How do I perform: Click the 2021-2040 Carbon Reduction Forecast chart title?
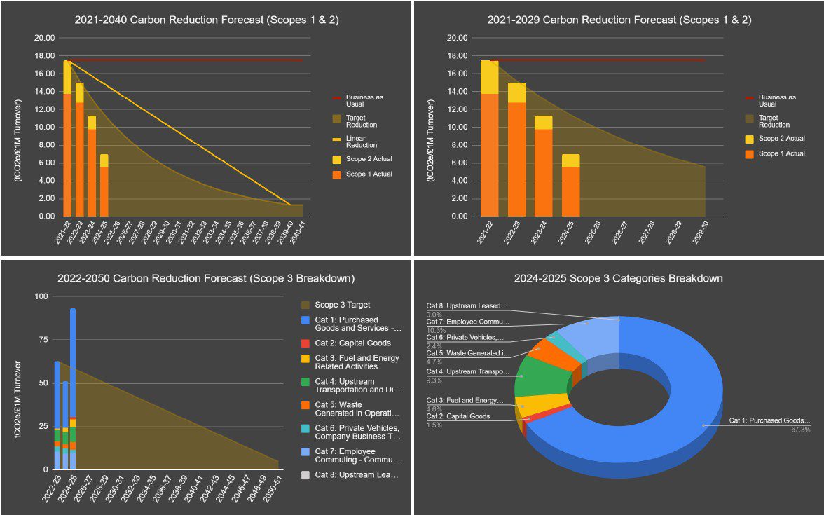pyautogui.click(x=207, y=20)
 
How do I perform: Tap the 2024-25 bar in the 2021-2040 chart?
pyautogui.click(x=104, y=186)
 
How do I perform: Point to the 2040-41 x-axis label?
pyautogui.click(x=298, y=233)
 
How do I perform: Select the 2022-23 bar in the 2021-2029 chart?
pyautogui.click(x=517, y=150)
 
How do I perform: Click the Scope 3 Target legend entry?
pyautogui.click(x=343, y=305)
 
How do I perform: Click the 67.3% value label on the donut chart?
pyautogui.click(x=799, y=430)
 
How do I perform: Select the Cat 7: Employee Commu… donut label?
pyautogui.click(x=468, y=322)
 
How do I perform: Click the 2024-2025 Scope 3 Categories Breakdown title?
pyautogui.click(x=619, y=278)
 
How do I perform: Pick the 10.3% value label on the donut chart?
pyautogui.click(x=436, y=330)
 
